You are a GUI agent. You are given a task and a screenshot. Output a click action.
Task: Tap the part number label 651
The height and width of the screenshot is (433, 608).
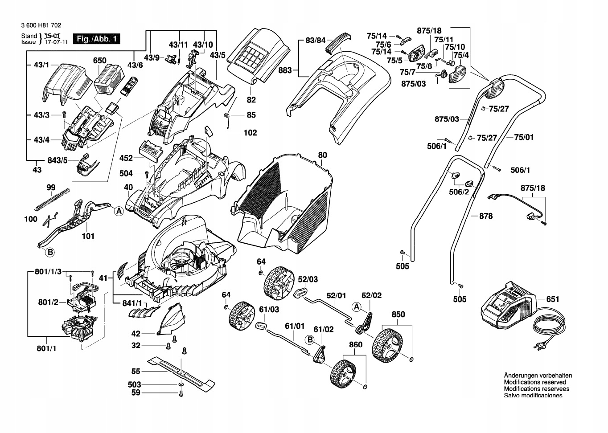pos(552,299)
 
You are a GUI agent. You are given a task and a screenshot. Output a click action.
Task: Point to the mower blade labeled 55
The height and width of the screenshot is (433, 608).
pos(181,369)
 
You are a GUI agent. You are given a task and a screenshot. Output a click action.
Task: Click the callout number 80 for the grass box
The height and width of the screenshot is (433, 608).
pos(322,155)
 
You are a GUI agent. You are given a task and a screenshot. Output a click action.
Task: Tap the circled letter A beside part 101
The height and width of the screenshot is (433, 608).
pos(119,212)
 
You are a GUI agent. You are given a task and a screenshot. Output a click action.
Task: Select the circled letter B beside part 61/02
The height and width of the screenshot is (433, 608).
pos(309,340)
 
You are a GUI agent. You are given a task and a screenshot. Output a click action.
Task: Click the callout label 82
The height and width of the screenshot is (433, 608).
pos(251,100)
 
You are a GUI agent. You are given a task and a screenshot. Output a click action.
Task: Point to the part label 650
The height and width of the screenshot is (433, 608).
pos(99,61)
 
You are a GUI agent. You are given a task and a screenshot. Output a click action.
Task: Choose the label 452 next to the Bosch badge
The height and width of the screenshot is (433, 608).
pos(126,158)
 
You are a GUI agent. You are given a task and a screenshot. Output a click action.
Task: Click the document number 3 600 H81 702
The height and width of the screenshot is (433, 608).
pos(41,26)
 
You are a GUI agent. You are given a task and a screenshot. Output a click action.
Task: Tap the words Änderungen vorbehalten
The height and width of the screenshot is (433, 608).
pos(538,376)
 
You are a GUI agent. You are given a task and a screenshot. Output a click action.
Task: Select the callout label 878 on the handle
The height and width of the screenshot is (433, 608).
pos(485,216)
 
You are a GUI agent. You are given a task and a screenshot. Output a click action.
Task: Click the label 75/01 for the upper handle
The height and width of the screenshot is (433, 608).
pos(524,138)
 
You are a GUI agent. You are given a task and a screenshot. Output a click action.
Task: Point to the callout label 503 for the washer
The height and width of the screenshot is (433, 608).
pos(134,384)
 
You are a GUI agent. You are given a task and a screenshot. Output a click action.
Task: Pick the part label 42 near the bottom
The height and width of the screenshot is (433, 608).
pos(136,334)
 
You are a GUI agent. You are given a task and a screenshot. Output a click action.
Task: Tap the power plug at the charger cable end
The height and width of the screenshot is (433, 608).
pos(540,344)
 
